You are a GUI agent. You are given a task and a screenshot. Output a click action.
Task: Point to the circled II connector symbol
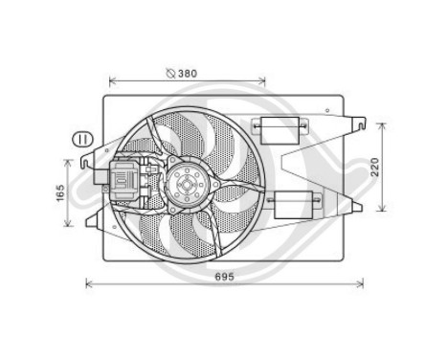click(83, 140)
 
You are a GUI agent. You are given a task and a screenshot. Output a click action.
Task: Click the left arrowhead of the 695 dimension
click(88, 282)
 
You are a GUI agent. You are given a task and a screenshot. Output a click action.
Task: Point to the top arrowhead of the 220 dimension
click(384, 124)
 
